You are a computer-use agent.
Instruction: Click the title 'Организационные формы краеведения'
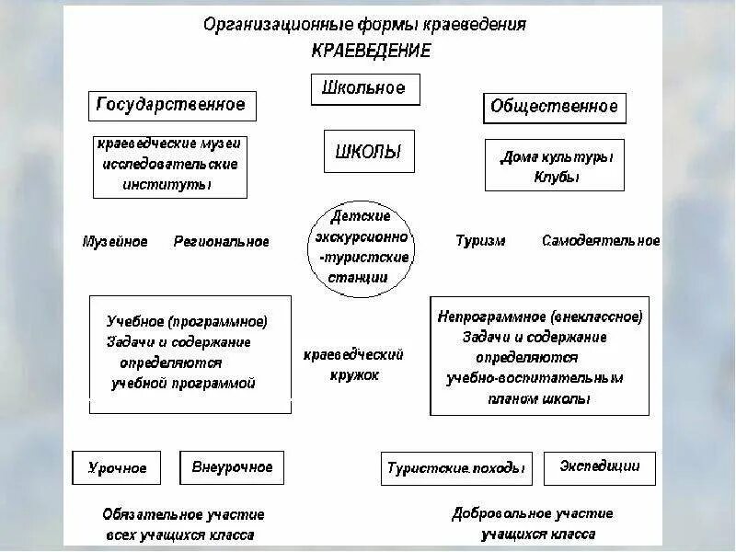click(364, 25)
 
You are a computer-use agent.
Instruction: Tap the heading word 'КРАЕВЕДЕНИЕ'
click(371, 52)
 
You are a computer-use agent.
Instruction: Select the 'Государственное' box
click(172, 106)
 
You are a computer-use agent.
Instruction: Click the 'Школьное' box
click(364, 89)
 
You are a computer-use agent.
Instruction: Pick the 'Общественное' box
click(554, 108)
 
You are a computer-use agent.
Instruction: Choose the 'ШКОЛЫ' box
click(368, 152)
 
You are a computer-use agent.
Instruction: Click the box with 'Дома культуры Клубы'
click(555, 166)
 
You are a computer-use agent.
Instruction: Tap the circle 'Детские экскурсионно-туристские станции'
click(359, 246)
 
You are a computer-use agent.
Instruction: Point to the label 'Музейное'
click(115, 242)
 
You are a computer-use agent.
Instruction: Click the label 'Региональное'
click(222, 242)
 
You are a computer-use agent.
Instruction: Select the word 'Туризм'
click(480, 241)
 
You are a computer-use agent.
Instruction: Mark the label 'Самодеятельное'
click(601, 241)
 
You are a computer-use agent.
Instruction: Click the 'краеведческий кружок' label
click(354, 364)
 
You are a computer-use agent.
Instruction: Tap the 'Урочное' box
click(117, 467)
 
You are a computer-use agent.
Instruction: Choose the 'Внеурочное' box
click(232, 467)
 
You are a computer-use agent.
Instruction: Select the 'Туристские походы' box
click(457, 467)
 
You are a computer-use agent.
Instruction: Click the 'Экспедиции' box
click(600, 466)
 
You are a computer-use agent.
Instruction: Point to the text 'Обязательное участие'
click(183, 515)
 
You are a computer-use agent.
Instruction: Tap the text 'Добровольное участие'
click(533, 513)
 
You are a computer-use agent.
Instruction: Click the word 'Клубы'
click(557, 178)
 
